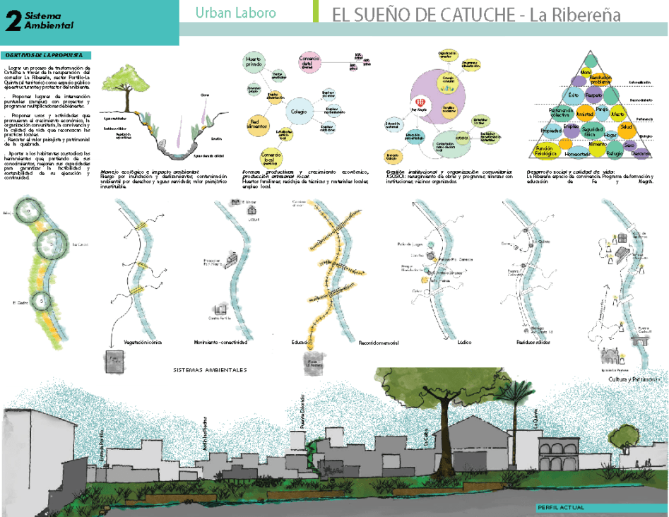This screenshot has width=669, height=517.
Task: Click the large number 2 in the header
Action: tap(11, 22)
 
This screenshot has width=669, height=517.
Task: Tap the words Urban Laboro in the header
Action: tap(235, 13)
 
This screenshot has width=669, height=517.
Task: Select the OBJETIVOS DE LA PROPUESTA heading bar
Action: tap(46, 54)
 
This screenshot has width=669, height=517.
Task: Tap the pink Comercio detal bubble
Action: tap(310, 63)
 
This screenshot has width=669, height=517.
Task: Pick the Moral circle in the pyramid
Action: tap(586, 73)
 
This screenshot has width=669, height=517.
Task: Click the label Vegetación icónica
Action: tap(142, 342)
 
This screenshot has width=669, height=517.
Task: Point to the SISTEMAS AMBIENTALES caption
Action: tap(211, 369)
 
